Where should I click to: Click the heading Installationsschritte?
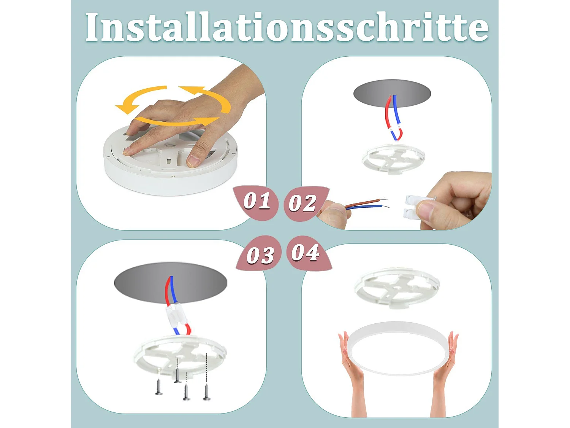[x=287, y=27]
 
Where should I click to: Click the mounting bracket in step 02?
[x=393, y=158]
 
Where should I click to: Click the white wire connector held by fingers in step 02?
[x=412, y=207]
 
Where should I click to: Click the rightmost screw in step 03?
[x=206, y=392]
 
